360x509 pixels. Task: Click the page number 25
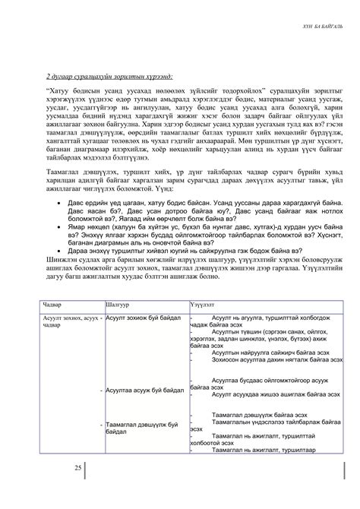(x=77, y=467)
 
